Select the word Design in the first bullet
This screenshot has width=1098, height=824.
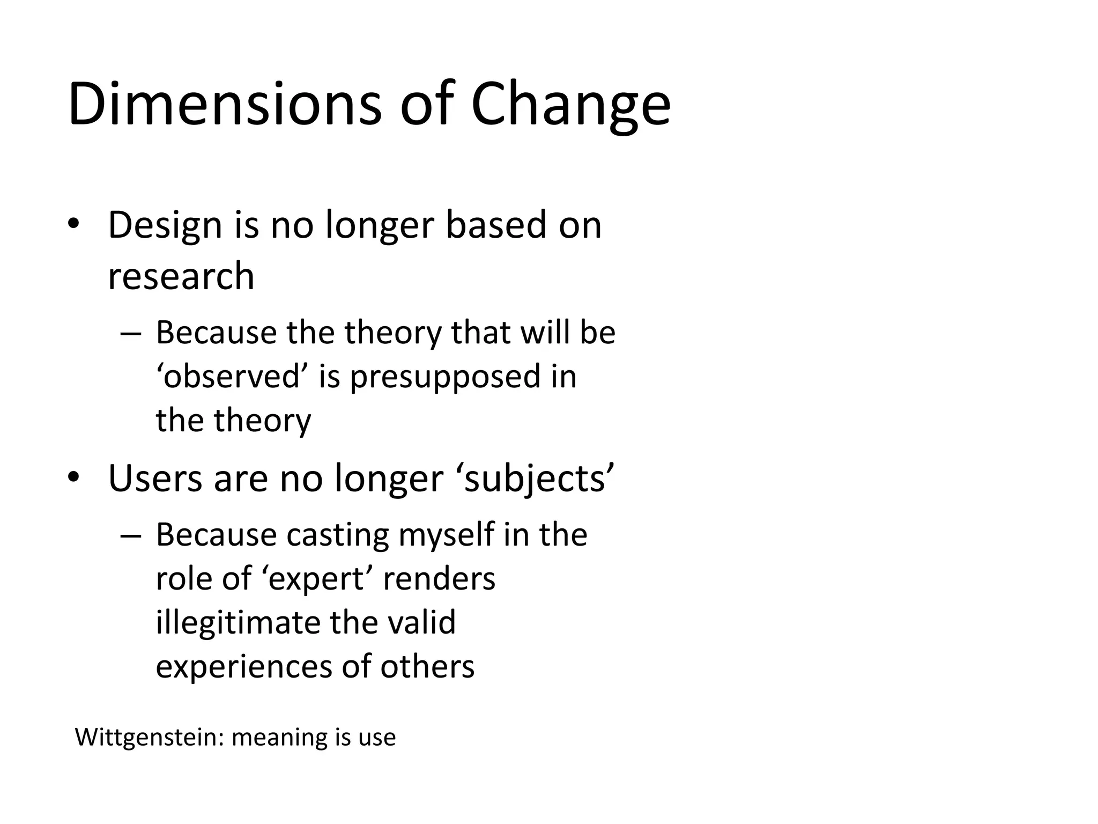[165, 226]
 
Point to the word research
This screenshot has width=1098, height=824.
[181, 277]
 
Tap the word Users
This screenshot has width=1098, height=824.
[154, 478]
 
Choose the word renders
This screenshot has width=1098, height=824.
[439, 579]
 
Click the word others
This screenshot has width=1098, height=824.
[427, 667]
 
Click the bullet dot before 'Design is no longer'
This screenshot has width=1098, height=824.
[73, 225]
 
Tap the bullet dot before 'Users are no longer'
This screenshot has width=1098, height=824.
[73, 477]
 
